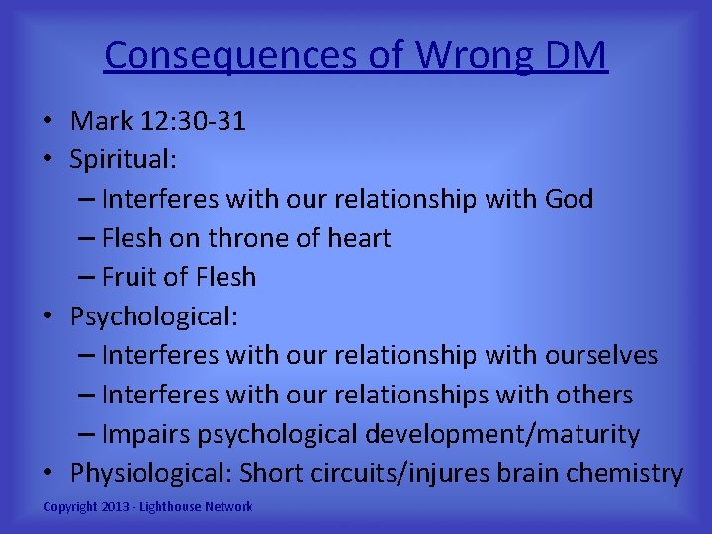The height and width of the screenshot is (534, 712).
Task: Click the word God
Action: (569, 199)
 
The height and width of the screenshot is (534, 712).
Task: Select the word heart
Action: (360, 238)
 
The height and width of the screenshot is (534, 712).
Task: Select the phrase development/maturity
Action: (502, 434)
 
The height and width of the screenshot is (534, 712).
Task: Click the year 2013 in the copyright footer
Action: (116, 507)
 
